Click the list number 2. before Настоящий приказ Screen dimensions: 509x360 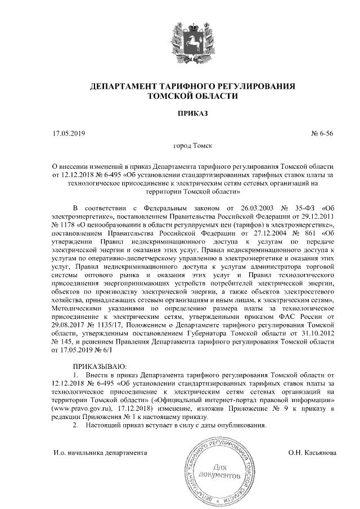click(x=76, y=425)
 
